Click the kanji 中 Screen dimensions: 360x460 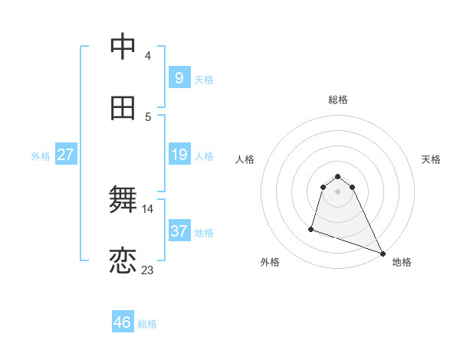pyautogui.click(x=123, y=47)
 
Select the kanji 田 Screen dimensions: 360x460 pyautogui.click(x=123, y=109)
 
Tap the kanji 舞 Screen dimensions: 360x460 pyautogui.click(x=123, y=201)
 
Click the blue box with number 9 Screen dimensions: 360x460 pyautogui.click(x=179, y=77)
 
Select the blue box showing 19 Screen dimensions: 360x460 pyautogui.click(x=179, y=155)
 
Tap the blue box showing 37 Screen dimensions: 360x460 pyautogui.click(x=179, y=231)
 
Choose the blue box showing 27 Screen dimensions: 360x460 pyautogui.click(x=65, y=155)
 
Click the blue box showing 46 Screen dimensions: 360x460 pyautogui.click(x=123, y=322)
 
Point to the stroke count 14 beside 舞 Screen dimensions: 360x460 pyautogui.click(x=147, y=208)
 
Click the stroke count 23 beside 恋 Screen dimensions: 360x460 pyautogui.click(x=147, y=270)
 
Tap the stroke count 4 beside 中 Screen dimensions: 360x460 pyautogui.click(x=147, y=55)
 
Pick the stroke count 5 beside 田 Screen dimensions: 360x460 pyautogui.click(x=147, y=116)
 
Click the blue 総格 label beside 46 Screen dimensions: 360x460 pyautogui.click(x=147, y=324)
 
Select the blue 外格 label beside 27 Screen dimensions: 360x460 pyautogui.click(x=41, y=156)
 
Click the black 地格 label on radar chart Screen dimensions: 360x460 pyautogui.click(x=402, y=262)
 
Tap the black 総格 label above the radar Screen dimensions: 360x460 pyautogui.click(x=338, y=100)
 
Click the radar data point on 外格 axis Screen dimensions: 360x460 pyautogui.click(x=311, y=228)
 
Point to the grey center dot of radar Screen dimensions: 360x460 pyautogui.click(x=338, y=202)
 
